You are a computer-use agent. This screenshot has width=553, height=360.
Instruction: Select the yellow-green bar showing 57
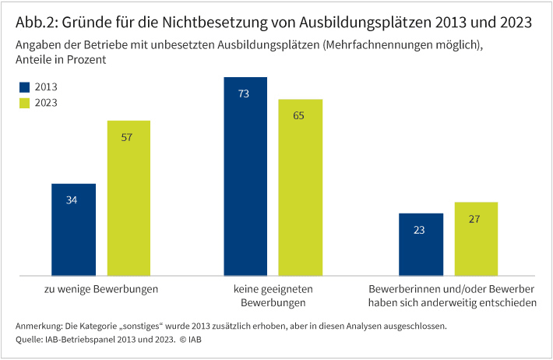click(129, 198)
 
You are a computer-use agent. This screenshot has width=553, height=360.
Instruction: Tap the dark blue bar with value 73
click(245, 176)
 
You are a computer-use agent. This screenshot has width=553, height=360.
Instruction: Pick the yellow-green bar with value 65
click(300, 187)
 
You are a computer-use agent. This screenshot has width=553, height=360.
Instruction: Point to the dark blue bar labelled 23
click(421, 244)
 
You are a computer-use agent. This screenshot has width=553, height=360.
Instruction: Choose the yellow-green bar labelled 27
click(475, 238)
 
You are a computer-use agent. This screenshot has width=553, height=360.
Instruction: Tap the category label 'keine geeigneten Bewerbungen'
click(273, 296)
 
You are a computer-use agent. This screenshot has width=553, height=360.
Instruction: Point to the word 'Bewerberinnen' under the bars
click(401, 289)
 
